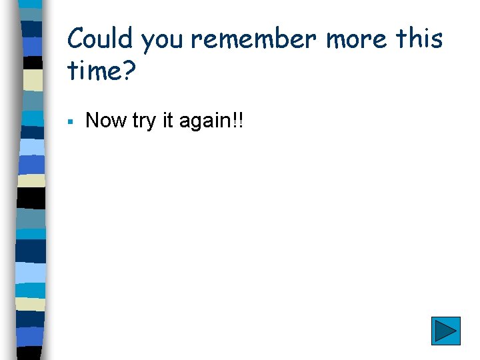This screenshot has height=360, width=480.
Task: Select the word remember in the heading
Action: pyautogui.click(x=255, y=39)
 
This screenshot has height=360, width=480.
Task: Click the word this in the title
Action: pyautogui.click(x=419, y=39)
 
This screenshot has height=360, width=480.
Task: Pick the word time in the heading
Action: pyautogui.click(x=93, y=69)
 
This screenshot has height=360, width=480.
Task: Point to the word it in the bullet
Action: pyautogui.click(x=169, y=121)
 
